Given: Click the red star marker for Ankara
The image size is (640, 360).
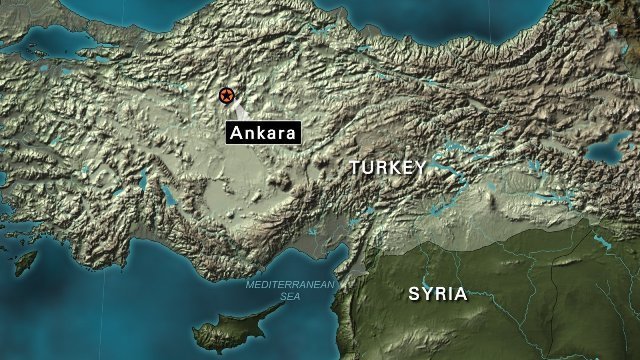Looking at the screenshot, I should click(x=226, y=96).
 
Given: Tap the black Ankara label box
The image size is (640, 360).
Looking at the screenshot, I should click(x=262, y=131).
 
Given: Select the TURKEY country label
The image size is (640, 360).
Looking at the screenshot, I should click(x=388, y=168).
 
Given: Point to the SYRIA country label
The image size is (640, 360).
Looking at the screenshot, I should click(x=437, y=294).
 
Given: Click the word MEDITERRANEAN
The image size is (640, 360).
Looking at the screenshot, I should click(x=290, y=284).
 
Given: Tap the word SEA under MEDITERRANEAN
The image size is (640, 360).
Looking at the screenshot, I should click(x=290, y=296).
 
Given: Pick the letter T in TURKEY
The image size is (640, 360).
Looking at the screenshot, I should click(x=355, y=168).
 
